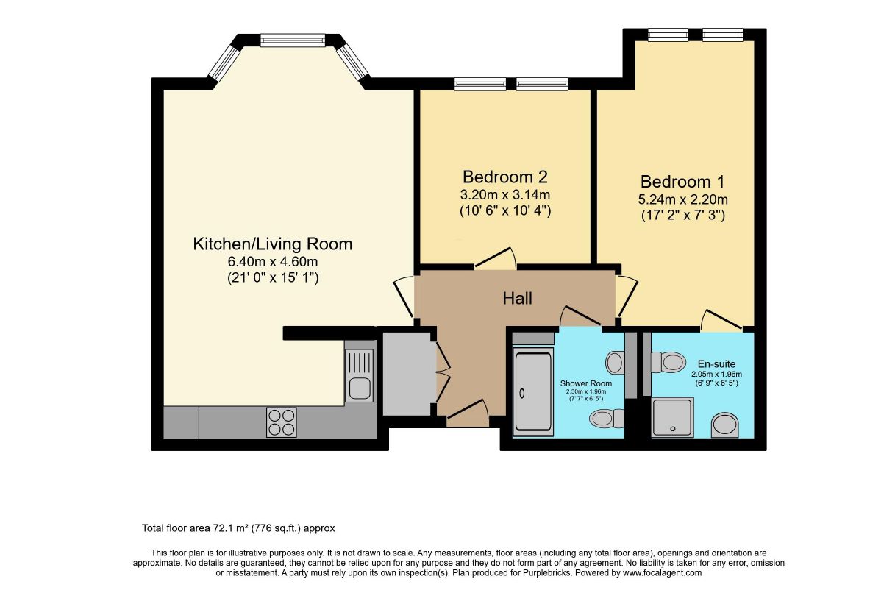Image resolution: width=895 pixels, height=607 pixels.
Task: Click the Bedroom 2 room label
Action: (505, 177)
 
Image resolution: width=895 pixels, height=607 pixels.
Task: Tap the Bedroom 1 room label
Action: (682, 182)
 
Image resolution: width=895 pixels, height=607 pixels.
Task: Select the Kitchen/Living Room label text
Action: (273, 244)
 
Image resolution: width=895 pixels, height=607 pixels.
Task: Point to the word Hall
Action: (518, 298)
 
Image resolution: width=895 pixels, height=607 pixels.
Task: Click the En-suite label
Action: (716, 364)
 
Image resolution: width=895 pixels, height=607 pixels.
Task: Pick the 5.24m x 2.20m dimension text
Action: (683, 199)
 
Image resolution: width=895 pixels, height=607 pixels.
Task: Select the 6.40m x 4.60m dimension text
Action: (273, 262)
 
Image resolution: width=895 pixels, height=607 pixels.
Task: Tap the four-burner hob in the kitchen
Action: (281, 422)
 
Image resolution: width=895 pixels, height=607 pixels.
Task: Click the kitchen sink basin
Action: (360, 387)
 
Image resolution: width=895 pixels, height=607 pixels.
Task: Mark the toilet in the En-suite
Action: (668, 362)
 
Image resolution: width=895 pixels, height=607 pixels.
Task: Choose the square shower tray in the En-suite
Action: (673, 417)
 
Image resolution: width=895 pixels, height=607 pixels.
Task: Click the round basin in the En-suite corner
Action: (725, 425)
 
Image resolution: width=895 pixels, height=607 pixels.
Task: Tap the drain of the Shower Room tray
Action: (522, 394)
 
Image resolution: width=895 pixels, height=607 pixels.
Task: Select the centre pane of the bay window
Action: (293, 40)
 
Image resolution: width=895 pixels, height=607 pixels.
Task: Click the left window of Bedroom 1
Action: (668, 35)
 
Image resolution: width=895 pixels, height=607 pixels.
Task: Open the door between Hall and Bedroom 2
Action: (495, 258)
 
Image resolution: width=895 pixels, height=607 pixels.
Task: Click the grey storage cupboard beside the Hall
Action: (407, 374)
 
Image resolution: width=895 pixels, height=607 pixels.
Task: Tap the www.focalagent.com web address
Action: (662, 572)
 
